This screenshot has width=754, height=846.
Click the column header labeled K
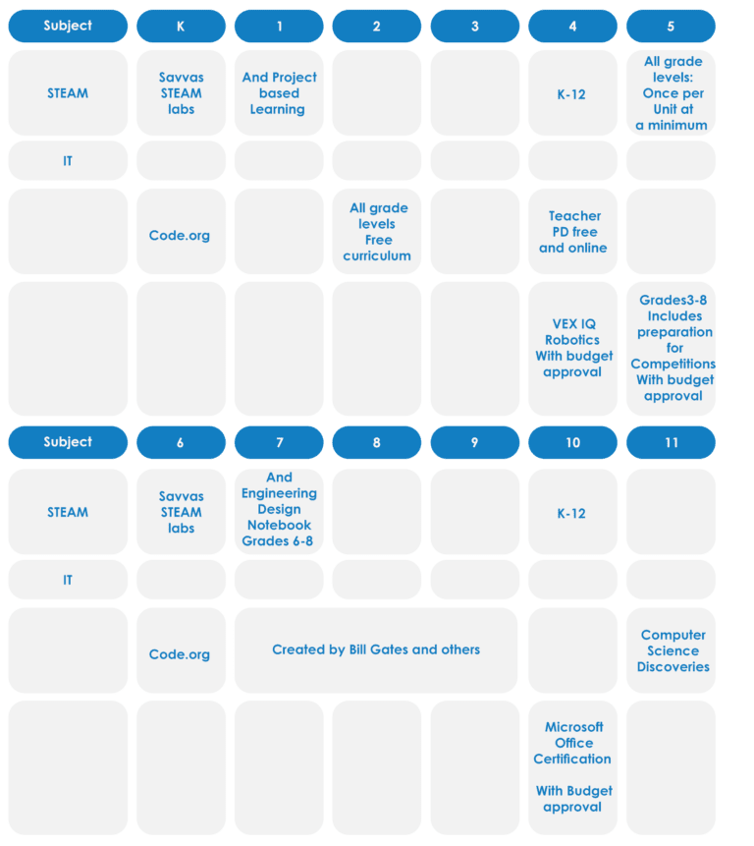click(x=181, y=26)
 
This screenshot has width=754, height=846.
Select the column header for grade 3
click(x=475, y=26)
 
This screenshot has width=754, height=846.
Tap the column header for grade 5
click(x=671, y=26)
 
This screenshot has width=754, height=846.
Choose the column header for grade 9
click(x=475, y=442)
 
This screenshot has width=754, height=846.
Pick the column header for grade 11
click(x=671, y=442)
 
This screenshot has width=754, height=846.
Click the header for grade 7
click(x=279, y=442)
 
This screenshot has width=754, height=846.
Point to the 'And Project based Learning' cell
click(x=279, y=92)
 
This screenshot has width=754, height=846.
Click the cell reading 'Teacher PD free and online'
click(x=572, y=232)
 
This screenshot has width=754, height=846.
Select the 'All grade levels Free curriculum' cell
click(x=377, y=232)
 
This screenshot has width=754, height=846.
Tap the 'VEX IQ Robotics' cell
click(x=572, y=348)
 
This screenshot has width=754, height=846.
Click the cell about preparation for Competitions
click(x=671, y=348)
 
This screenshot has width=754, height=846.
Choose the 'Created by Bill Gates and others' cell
click(x=376, y=650)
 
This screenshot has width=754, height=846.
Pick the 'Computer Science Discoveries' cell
click(x=671, y=650)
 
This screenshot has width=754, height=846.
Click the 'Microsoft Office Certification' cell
click(x=572, y=767)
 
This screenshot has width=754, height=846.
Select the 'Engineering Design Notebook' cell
click(x=279, y=511)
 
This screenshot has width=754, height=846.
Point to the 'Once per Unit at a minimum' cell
click(x=671, y=92)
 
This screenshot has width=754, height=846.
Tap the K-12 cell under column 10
click(x=572, y=511)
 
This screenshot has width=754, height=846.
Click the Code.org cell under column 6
click(x=181, y=650)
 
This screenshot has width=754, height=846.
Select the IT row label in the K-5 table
click(x=68, y=161)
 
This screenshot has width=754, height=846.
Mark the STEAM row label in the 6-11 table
click(x=68, y=511)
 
